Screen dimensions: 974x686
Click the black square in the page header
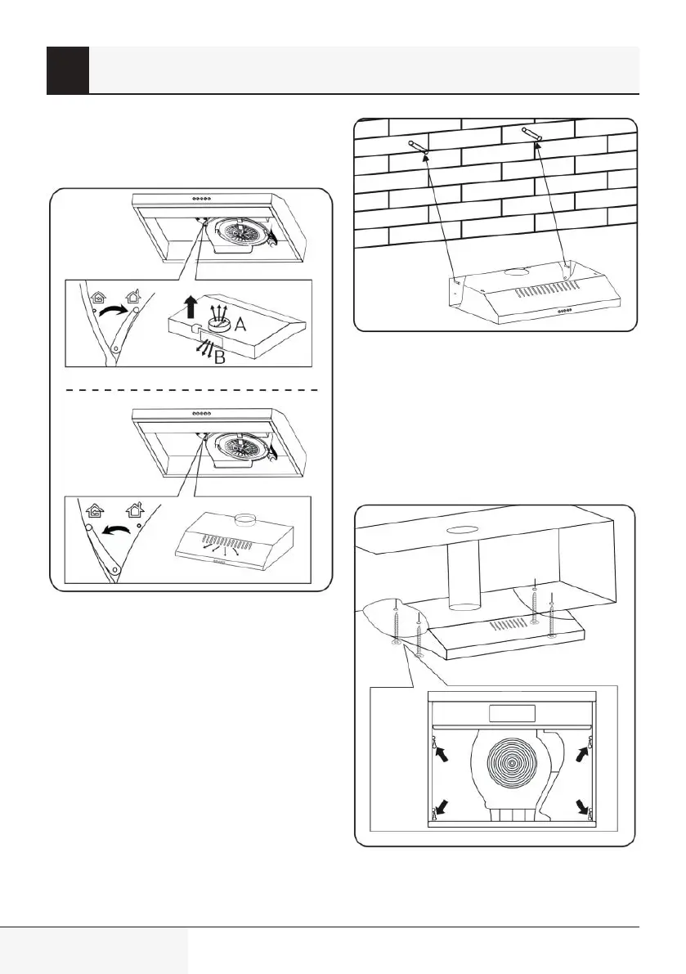coord(67,70)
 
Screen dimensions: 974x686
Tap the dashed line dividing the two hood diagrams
coord(191,391)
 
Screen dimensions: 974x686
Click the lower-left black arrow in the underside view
coord(442,805)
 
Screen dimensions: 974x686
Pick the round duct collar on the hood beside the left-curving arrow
coord(243,519)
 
